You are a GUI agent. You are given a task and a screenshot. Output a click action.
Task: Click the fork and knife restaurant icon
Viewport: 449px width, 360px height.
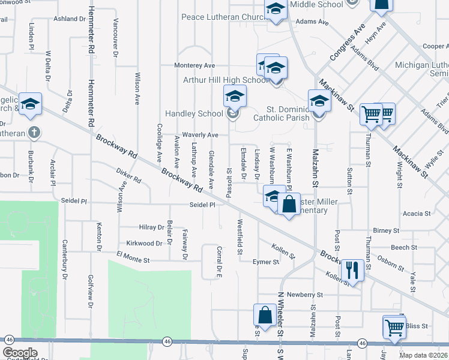pos(352,269)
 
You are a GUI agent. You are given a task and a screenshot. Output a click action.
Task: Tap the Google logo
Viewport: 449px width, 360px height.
pos(20,353)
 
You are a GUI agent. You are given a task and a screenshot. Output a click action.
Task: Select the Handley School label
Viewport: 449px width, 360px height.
pos(194,113)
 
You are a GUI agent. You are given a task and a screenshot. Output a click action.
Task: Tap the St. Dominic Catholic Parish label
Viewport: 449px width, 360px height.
pos(288,113)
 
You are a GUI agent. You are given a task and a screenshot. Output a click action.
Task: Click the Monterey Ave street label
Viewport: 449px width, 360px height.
pos(194,65)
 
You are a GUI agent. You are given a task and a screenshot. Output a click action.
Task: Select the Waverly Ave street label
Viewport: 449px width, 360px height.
pos(200,136)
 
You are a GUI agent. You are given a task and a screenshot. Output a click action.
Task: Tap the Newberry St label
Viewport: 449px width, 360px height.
pos(305,295)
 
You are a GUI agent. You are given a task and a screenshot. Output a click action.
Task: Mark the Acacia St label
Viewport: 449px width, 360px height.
pos(417,214)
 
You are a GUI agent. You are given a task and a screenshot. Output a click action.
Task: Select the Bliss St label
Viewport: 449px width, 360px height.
pos(416,326)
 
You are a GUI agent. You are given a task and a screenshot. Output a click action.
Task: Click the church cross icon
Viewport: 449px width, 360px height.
pos(35,132)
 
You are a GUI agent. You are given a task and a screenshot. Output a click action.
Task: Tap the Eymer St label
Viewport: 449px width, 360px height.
pos(266,262)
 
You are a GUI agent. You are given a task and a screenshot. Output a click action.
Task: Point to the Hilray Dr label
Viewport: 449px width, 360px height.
pos(151,228)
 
